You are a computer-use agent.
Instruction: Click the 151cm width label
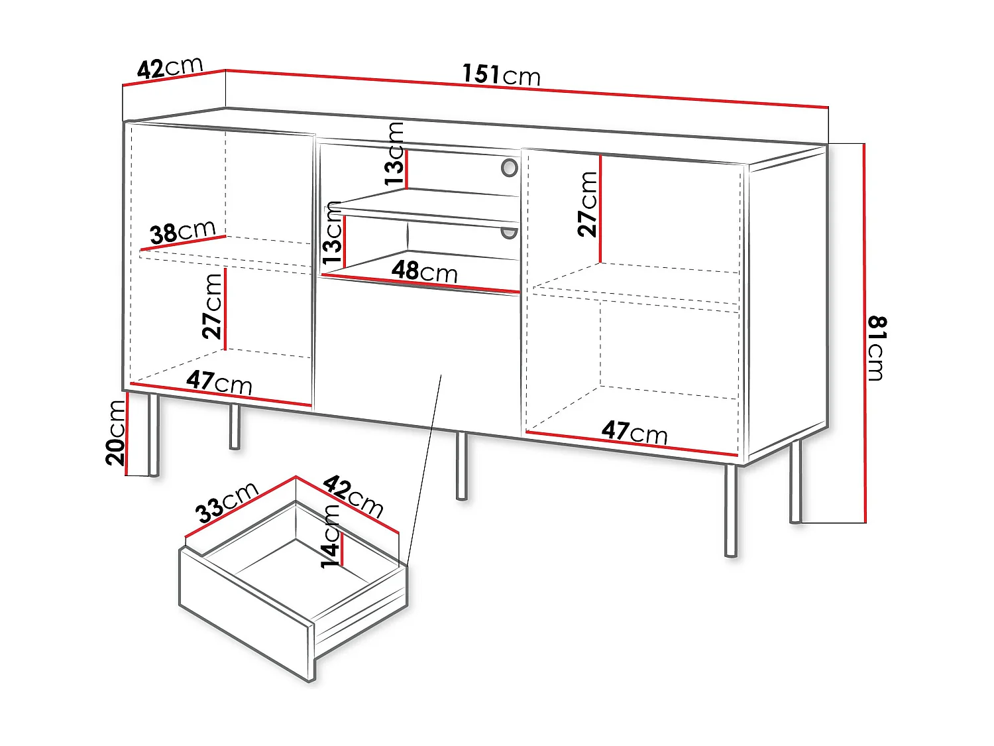(501, 75)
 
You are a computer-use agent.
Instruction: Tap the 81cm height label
(877, 348)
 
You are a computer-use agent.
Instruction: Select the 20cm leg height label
(115, 433)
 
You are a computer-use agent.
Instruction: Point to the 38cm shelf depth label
(182, 232)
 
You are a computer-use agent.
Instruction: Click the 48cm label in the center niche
(424, 272)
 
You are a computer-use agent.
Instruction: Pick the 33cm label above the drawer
(227, 503)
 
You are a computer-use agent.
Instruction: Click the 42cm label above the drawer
(353, 496)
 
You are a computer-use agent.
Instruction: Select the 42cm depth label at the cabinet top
(170, 68)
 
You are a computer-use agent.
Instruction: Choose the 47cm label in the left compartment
(219, 383)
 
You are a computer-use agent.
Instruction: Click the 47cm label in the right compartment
(634, 432)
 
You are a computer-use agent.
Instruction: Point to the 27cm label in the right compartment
(587, 204)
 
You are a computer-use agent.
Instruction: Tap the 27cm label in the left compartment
(212, 306)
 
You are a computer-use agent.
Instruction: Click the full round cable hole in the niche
(510, 168)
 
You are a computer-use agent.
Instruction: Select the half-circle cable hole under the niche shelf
(509, 233)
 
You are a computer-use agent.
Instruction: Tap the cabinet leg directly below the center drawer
(461, 466)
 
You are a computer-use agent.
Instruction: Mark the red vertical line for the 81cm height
(865, 333)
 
